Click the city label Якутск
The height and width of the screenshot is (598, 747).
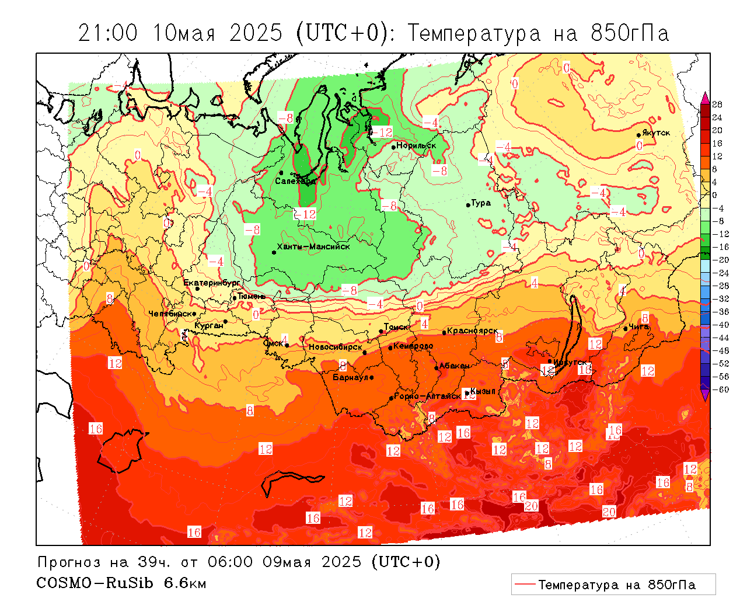656,133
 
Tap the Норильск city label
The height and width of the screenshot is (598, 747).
416,145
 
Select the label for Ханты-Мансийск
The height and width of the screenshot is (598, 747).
313,246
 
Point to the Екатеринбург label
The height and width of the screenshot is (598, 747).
212,283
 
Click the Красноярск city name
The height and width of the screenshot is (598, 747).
473,331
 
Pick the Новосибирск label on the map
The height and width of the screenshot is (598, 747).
336,347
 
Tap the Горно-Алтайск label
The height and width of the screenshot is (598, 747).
427,396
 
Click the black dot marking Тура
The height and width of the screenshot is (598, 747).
468,205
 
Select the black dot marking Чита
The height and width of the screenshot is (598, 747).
626,328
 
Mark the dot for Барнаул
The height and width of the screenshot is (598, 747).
372,377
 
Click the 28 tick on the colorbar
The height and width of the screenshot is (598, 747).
717,105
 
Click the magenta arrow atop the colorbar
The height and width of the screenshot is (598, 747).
705,97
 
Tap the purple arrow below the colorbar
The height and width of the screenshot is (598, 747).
705,396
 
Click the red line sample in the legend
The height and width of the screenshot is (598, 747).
525,584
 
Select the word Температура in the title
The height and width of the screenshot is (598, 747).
474,33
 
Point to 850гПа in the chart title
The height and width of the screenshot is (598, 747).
630,33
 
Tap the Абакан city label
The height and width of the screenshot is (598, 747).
454,366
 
